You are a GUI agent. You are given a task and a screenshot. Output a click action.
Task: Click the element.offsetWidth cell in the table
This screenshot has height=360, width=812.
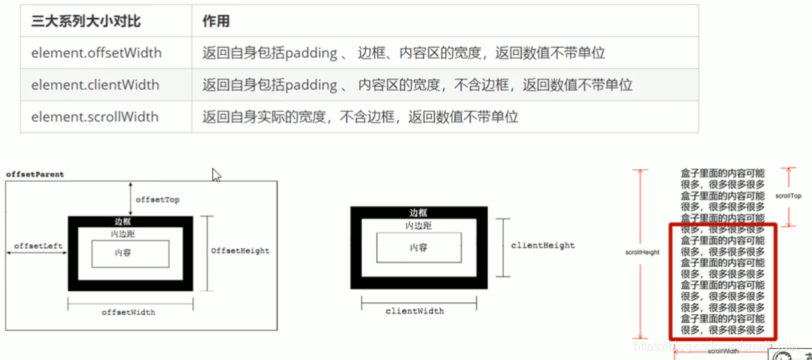pyautogui.click(x=95, y=53)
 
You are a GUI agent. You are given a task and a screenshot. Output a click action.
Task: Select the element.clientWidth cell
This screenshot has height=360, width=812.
pyautogui.click(x=95, y=85)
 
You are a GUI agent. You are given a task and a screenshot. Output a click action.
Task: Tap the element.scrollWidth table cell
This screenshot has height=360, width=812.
pyautogui.click(x=95, y=116)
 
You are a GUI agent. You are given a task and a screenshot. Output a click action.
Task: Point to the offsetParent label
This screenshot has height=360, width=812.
pyautogui.click(x=35, y=174)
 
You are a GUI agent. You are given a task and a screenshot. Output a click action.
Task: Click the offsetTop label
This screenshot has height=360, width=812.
pyautogui.click(x=157, y=200)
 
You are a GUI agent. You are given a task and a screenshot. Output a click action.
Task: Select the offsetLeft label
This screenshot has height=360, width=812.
pyautogui.click(x=37, y=246)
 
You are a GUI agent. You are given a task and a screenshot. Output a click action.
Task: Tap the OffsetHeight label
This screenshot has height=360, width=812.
pyautogui.click(x=240, y=250)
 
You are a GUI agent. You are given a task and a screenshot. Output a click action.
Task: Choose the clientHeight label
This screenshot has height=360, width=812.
pyautogui.click(x=543, y=245)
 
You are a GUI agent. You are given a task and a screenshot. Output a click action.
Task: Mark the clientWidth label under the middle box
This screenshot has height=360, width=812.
pyautogui.click(x=414, y=310)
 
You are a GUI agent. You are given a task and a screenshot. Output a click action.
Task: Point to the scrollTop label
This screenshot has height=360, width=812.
pyautogui.click(x=789, y=195)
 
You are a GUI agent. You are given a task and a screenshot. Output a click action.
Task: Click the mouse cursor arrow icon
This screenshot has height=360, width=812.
pyautogui.click(x=217, y=175)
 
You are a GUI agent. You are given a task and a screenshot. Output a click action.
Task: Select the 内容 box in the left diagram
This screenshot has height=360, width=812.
pyautogui.click(x=124, y=253)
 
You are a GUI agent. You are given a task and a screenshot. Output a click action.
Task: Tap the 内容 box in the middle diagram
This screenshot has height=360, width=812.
pyautogui.click(x=419, y=248)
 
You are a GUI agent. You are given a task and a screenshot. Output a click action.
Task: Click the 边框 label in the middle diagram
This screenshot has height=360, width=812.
pyautogui.click(x=419, y=213)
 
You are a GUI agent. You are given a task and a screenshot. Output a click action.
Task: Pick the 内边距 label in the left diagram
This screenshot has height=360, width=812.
pyautogui.click(x=123, y=234)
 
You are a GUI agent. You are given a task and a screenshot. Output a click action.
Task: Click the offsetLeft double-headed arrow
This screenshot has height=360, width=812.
pyautogui.click(x=37, y=254)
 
